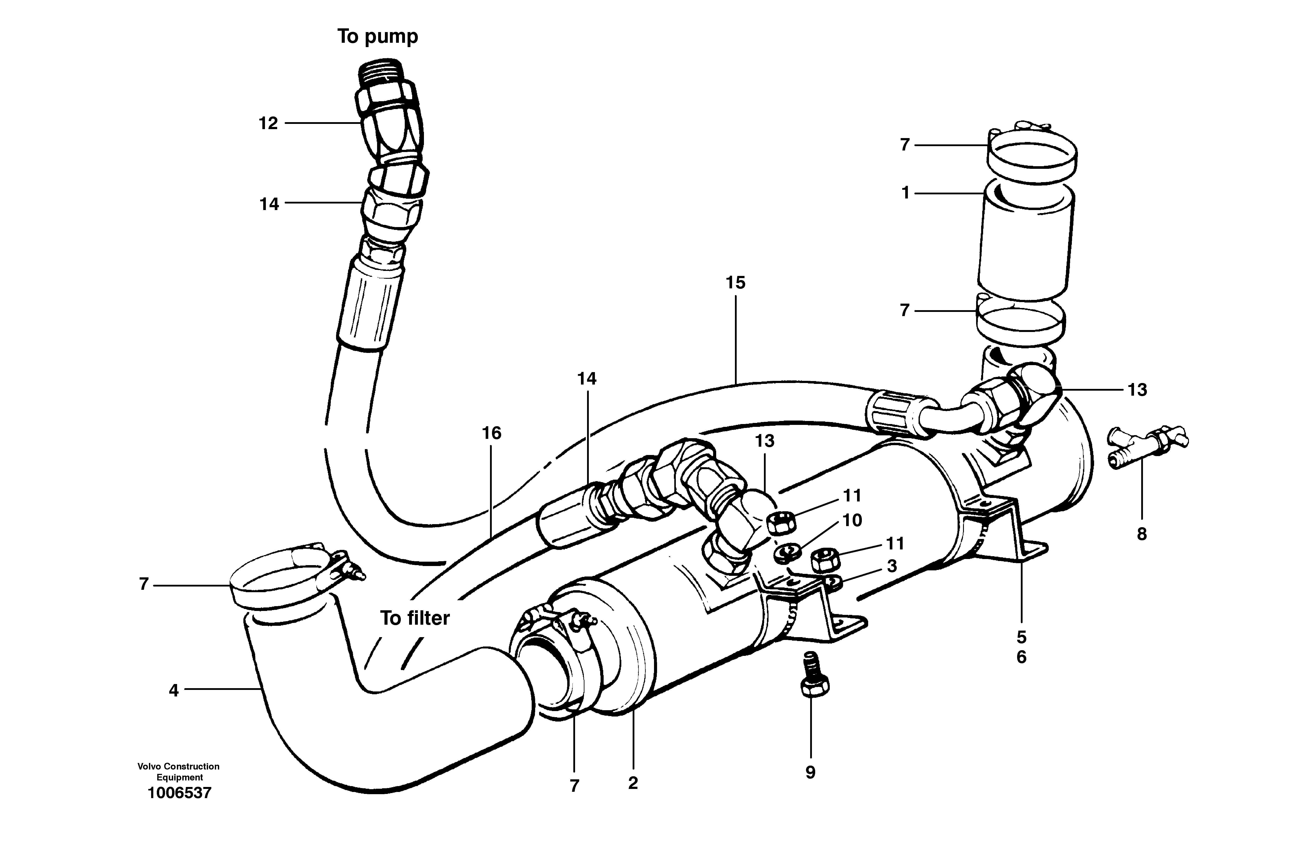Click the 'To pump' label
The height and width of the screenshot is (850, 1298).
pyautogui.click(x=377, y=37)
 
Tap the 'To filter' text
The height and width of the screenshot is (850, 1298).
pyautogui.click(x=415, y=618)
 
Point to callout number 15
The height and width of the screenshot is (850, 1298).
pyautogui.click(x=735, y=283)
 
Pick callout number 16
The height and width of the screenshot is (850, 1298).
pyautogui.click(x=491, y=433)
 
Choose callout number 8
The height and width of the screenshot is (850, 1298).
pyautogui.click(x=1141, y=534)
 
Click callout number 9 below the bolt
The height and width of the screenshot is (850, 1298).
pyautogui.click(x=810, y=773)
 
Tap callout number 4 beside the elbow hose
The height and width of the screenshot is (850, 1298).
pyautogui.click(x=173, y=691)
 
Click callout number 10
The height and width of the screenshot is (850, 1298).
pyautogui.click(x=852, y=520)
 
